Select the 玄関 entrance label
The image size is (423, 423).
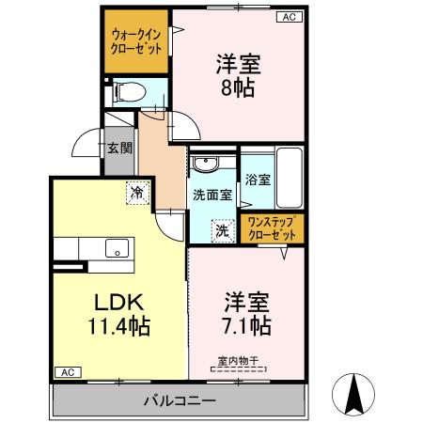118,147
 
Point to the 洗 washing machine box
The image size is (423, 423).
222,229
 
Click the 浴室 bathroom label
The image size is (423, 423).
257,179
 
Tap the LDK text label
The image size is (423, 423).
117,303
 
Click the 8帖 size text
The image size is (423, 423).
237,89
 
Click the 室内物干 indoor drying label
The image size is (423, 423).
238,358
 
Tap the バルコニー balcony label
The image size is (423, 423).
179,399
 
